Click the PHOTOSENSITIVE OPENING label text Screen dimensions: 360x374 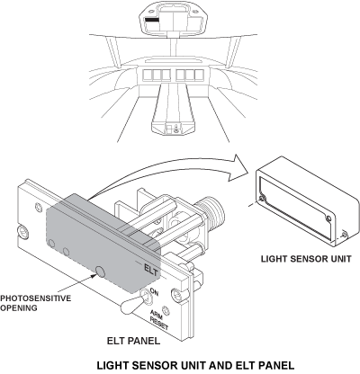(x=35, y=303)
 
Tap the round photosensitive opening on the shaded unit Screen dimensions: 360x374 (x=100, y=272)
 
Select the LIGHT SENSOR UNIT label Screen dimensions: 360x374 (x=306, y=259)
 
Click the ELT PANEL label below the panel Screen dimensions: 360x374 (x=133, y=341)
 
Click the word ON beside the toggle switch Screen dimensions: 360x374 (x=154, y=291)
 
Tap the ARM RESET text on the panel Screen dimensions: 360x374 (x=157, y=320)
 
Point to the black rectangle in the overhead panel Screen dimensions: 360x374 (x=152, y=20)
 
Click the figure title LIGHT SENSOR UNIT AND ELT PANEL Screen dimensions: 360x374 (x=195, y=366)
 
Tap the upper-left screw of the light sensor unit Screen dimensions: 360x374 (x=263, y=199)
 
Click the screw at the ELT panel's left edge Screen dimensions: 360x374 (x=22, y=232)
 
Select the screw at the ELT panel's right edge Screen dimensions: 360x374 (x=176, y=294)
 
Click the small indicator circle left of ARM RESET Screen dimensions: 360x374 (x=166, y=310)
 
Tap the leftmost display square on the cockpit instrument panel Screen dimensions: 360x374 (x=148, y=75)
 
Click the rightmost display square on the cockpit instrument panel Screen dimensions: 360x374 (x=199, y=75)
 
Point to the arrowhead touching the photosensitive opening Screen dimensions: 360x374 (x=92, y=275)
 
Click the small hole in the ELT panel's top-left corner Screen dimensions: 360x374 (x=39, y=207)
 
